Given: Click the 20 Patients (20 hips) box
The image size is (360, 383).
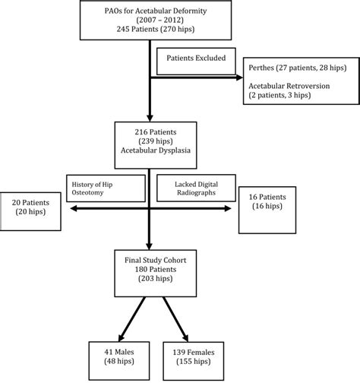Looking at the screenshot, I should point(32,208).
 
